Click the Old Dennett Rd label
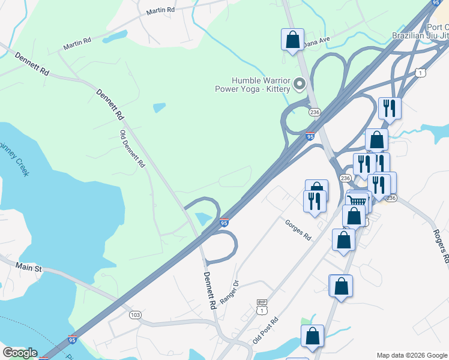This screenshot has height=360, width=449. click(133, 149)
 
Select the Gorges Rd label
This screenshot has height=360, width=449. click(298, 228)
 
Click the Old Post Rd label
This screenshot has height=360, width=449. click(266, 331)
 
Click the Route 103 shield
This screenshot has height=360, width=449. click(136, 314)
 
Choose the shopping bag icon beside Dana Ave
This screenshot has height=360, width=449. click(292, 40)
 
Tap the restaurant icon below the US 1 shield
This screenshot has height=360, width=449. click(390, 108)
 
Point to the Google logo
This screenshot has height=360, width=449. click(19, 353)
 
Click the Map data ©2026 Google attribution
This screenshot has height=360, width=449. click(412, 355)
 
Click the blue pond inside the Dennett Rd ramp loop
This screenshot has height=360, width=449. click(205, 219)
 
